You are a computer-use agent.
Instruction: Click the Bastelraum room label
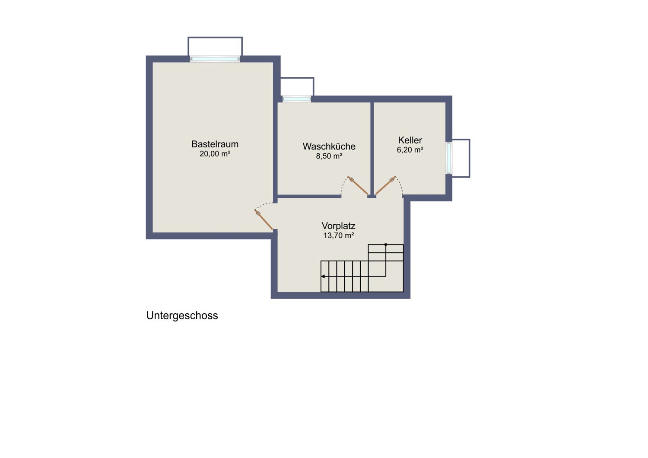coord(215,144)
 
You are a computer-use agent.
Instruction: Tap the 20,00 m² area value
coord(215,154)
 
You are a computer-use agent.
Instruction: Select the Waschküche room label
coord(329,146)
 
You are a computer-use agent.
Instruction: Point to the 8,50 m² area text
coord(329,156)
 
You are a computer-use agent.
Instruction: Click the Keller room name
coord(410,140)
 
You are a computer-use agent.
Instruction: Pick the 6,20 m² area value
coord(410,150)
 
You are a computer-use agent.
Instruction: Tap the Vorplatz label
coord(338,226)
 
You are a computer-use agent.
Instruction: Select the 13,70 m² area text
coord(338,235)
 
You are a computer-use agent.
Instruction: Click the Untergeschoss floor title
coord(182,316)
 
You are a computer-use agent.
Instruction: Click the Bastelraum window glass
coord(215,59)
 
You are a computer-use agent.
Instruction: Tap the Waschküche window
coord(296,99)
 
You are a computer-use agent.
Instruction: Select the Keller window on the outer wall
coord(449,158)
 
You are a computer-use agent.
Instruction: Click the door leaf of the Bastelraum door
coord(264,219)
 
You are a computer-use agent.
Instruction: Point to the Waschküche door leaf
coord(358,185)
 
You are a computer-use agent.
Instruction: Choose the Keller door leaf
coord(386,185)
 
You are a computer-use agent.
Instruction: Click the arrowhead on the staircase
coord(323,277)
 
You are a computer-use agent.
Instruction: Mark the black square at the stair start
coord(386,245)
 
